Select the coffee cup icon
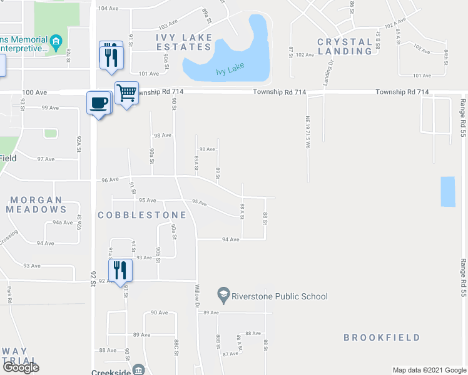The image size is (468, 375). click(99, 102)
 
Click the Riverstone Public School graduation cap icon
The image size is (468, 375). click(223, 293)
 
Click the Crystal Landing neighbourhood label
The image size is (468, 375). click(345, 46)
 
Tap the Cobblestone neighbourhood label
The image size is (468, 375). click(142, 215)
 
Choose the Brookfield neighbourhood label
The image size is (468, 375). click(382, 337)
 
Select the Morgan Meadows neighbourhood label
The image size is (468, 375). click(36, 204)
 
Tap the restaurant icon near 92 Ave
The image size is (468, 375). click(120, 269)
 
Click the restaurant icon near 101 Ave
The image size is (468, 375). click(111, 57)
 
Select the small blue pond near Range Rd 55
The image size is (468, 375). click(448, 192)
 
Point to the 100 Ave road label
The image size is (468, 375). click(34, 92)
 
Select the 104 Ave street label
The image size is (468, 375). click(108, 8)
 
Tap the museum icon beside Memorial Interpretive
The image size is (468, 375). click(56, 42)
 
